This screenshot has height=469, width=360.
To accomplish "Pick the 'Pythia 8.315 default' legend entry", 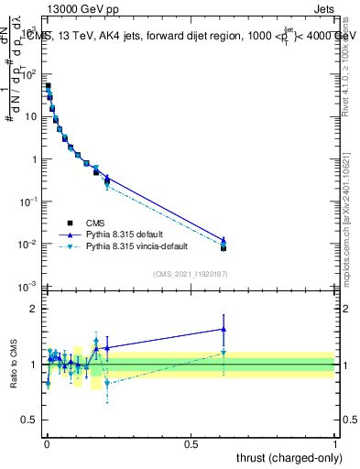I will (x=125, y=234).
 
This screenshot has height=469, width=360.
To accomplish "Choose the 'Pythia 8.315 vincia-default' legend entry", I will (x=138, y=246).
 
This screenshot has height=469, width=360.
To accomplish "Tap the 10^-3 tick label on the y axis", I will (x=27, y=287).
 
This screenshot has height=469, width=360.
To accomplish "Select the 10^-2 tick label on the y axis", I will (x=27, y=245).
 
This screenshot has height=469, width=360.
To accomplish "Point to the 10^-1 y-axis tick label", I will (x=27, y=202).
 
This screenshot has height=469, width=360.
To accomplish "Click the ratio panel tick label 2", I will (x=32, y=309).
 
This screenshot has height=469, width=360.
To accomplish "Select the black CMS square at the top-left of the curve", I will (x=48, y=86).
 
